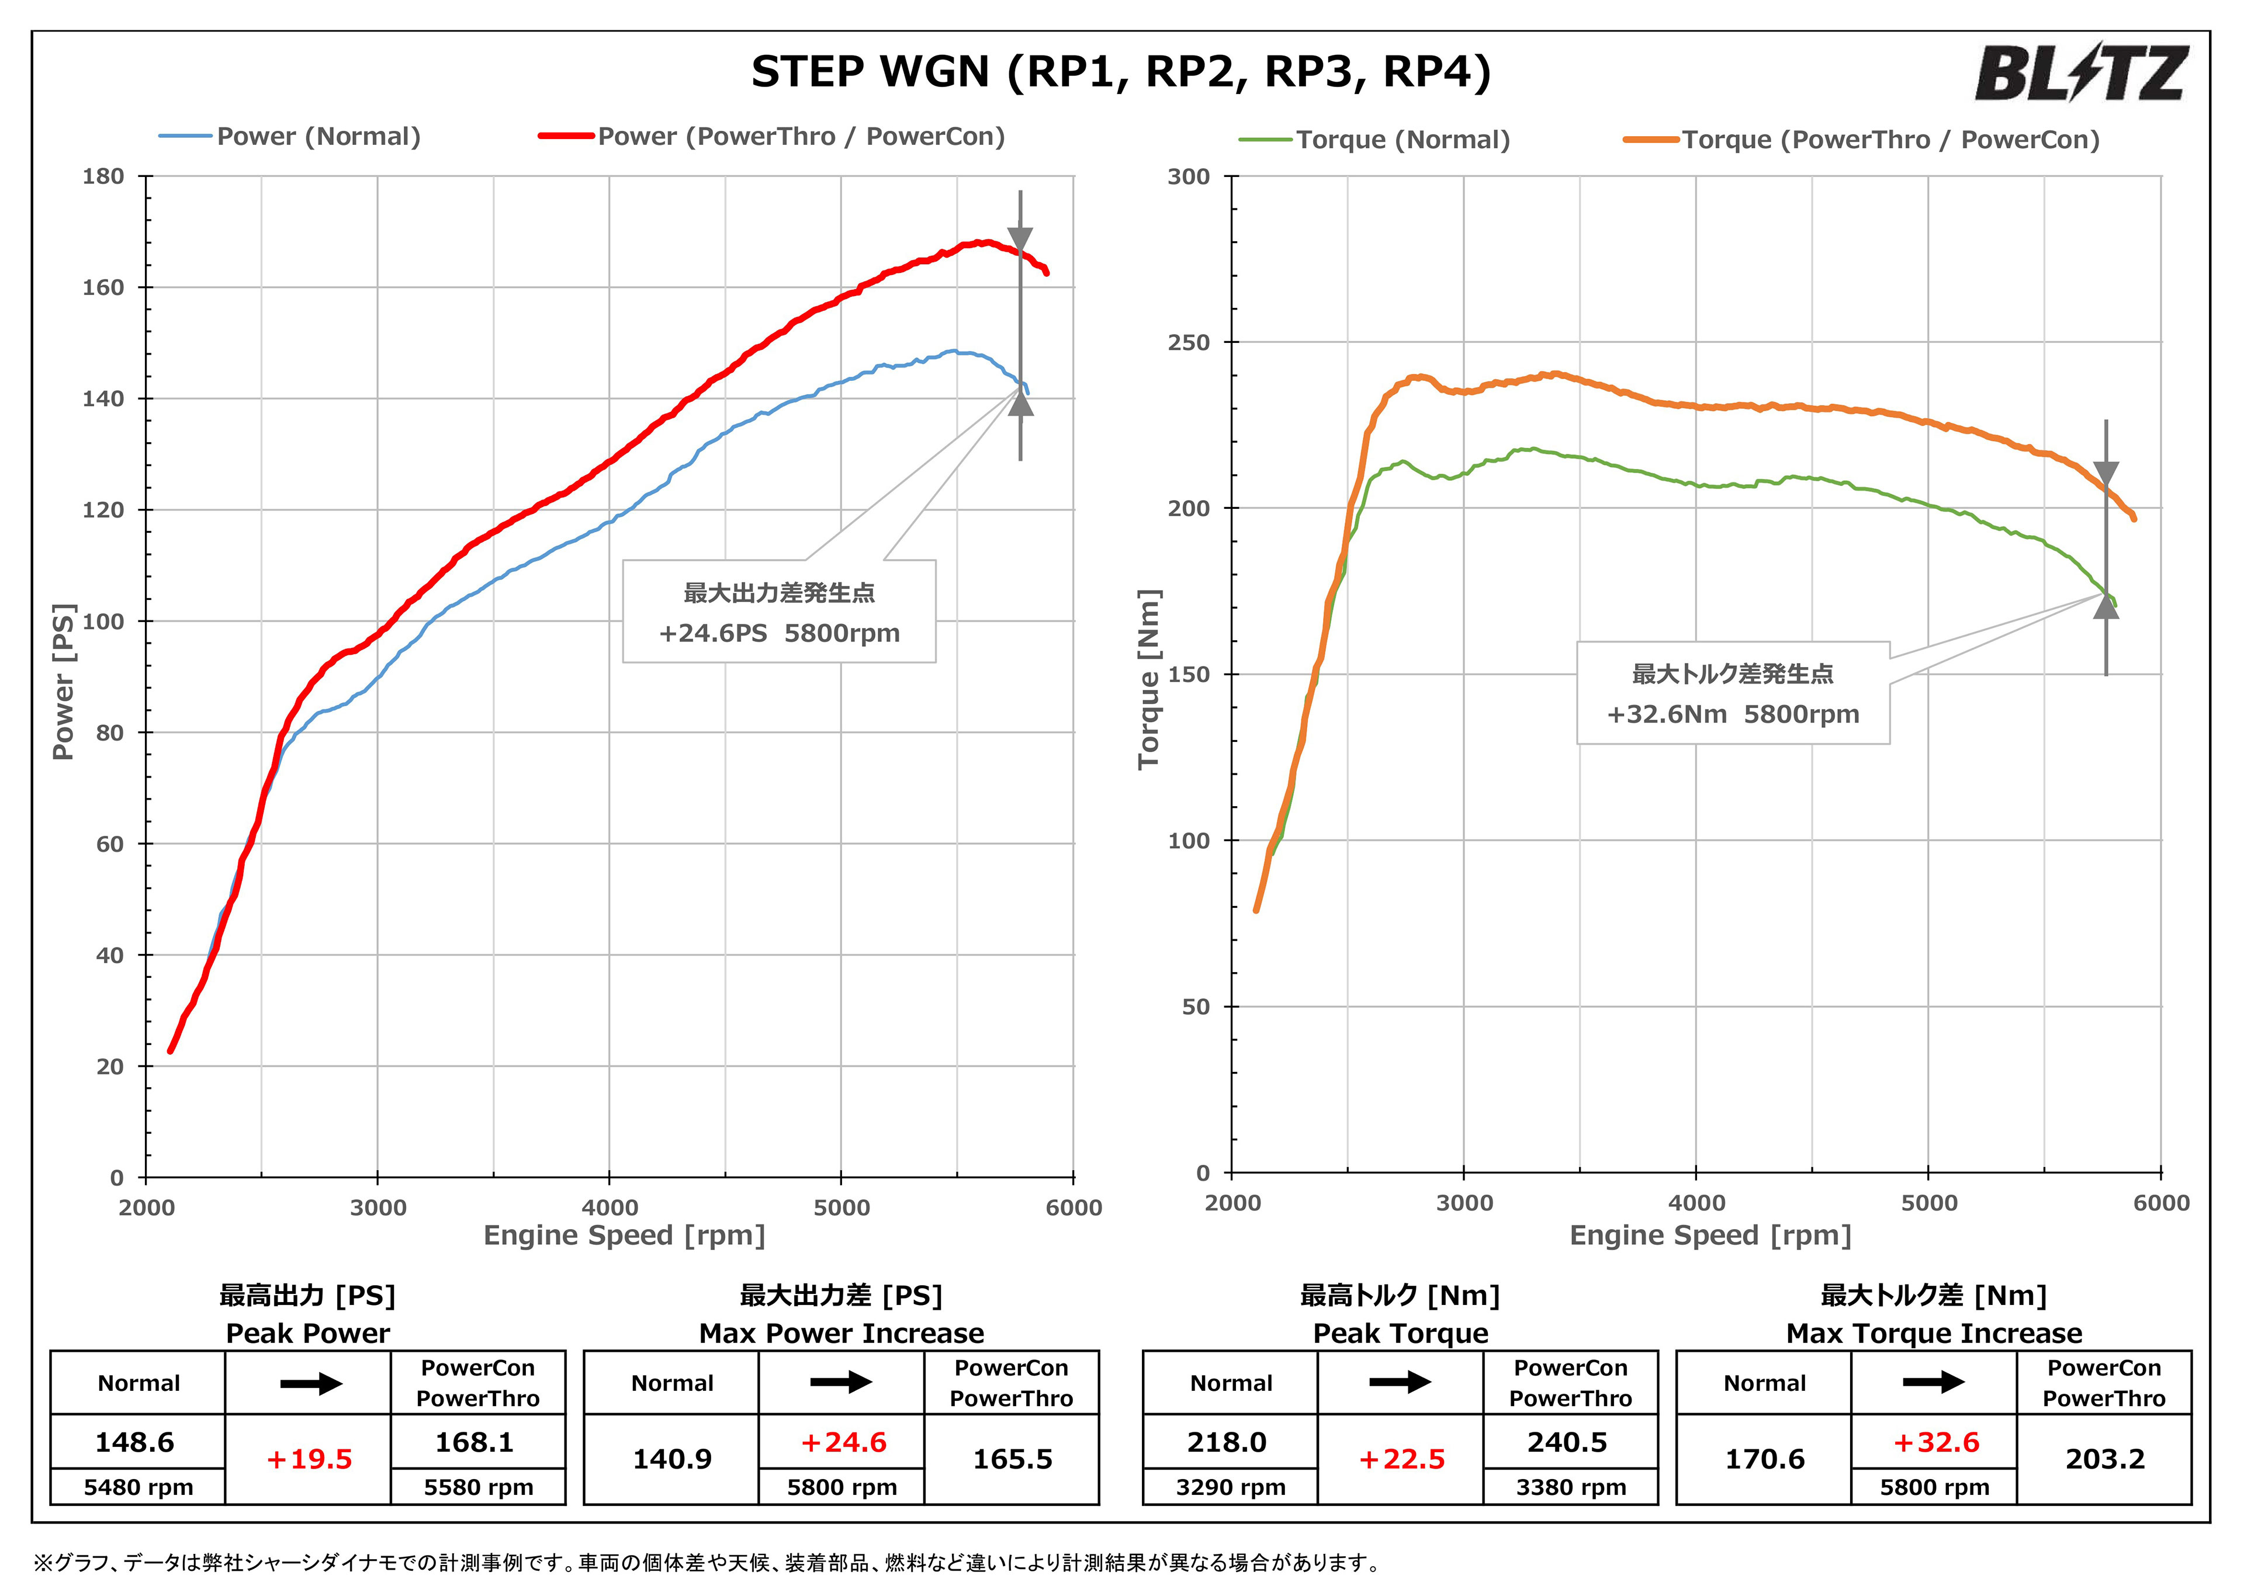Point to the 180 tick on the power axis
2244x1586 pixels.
103,177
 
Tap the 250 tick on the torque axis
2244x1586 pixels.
1189,343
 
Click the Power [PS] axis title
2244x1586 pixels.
64,681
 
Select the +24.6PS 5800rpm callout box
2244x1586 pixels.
779,612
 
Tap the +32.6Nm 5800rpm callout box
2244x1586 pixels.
1732,693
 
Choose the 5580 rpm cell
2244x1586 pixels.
478,1487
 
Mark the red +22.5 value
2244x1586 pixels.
1401,1459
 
